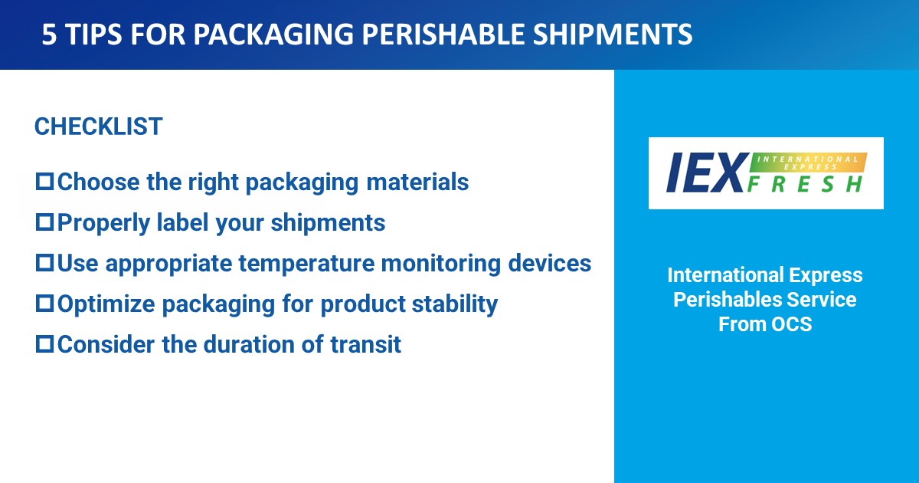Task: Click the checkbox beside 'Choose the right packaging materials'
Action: click(x=44, y=182)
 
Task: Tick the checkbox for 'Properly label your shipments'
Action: click(x=44, y=222)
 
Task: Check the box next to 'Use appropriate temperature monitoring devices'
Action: click(x=44, y=263)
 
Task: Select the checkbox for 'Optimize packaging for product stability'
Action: click(x=44, y=304)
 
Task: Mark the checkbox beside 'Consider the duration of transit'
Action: click(x=44, y=344)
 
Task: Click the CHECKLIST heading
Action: click(x=99, y=126)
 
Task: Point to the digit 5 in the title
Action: click(x=49, y=34)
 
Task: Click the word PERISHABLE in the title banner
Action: click(x=443, y=34)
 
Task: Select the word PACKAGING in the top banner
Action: click(x=273, y=34)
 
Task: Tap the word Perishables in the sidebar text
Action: click(x=721, y=300)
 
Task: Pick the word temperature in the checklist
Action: click(x=306, y=263)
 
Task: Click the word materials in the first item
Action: click(x=417, y=182)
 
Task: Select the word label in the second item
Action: click(x=182, y=222)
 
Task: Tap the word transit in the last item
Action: click(x=365, y=344)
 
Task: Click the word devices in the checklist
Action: click(x=550, y=263)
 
